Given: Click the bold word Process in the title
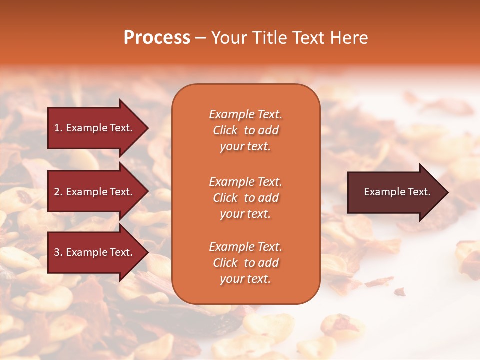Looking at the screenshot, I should coord(157,38).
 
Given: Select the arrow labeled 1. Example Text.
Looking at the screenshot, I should coord(95,128).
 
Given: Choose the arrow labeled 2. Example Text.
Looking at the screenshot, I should coord(95,192).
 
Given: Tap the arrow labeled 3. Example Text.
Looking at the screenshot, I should coord(95,252).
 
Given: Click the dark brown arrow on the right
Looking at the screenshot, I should coord(395,192).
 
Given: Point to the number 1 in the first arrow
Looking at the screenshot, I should coord(57,128).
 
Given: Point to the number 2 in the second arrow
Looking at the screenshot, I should coord(57,192).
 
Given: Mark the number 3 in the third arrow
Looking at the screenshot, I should coord(57,252).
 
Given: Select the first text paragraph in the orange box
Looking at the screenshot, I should coord(245,130).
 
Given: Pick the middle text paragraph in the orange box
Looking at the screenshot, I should coord(245,198).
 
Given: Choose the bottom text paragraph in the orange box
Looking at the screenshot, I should coord(245,263).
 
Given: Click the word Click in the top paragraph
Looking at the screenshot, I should coord(225,130).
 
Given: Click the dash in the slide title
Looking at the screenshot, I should coord(200,38).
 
